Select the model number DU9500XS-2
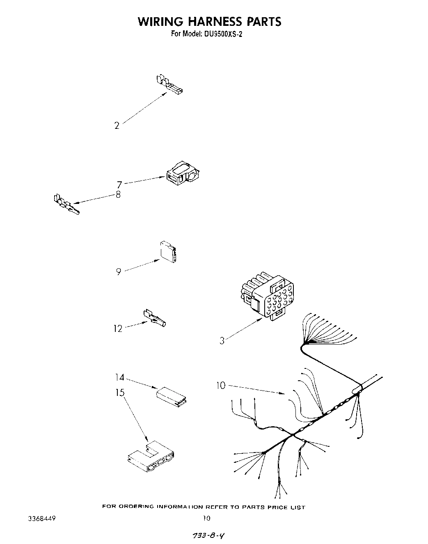point(222,34)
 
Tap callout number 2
point(117,126)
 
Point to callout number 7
point(119,185)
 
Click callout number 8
point(118,195)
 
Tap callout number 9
point(119,272)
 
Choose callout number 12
point(118,328)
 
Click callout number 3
point(222,341)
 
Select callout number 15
point(119,393)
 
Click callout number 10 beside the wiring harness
point(221,385)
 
